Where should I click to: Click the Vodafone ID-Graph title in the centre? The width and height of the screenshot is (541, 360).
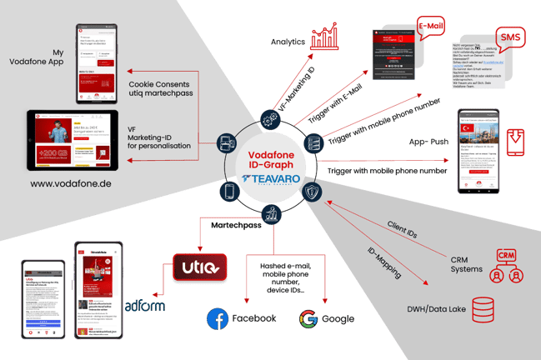[270, 148]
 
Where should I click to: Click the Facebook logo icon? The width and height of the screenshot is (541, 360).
[218, 317]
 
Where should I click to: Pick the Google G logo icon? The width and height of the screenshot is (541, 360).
[308, 317]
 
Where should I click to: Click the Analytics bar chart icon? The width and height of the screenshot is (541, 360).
[326, 38]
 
